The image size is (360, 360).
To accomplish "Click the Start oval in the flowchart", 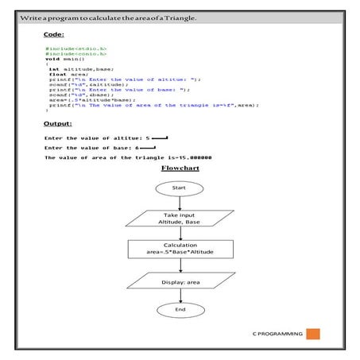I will point(180,187).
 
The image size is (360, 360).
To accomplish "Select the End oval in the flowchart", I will point(180,308).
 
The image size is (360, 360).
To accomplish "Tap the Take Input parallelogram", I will point(180,219).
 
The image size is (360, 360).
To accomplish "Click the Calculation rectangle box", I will point(180,249).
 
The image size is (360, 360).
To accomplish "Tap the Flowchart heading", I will point(180,168).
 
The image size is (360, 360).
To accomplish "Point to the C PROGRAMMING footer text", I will point(274,335).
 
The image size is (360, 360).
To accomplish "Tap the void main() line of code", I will point(65,59).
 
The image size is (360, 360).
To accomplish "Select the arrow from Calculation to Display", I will point(180,265).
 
